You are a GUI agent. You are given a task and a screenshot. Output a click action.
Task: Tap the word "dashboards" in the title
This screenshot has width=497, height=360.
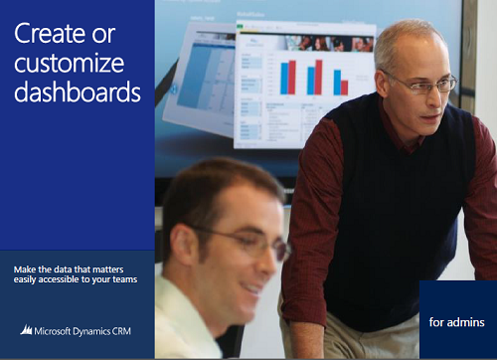coord(78,93)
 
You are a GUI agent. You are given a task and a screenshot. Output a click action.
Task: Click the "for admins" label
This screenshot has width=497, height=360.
coord(457,322)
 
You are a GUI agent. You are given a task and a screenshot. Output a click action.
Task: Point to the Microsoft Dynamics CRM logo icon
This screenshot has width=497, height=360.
coord(26,329)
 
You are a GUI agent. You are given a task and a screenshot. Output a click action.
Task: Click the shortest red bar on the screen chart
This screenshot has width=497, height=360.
coord(344,87)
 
